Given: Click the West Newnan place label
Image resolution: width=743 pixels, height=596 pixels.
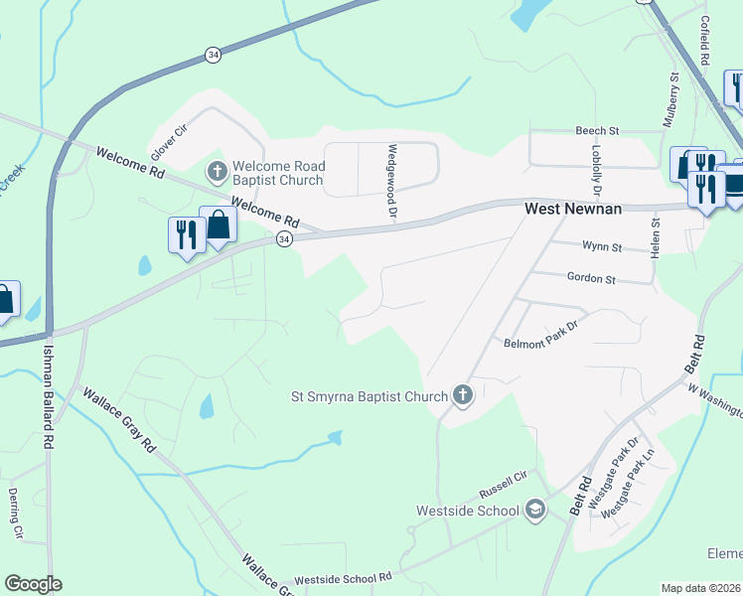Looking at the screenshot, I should [x=572, y=210].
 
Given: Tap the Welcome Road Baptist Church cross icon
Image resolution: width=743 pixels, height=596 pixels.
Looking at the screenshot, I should [x=217, y=172].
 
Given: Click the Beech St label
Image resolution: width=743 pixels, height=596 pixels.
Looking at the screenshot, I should [x=598, y=131].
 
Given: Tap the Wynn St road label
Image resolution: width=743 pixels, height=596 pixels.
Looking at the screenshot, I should [x=602, y=246].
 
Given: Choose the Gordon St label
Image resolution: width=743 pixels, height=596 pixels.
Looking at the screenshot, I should [x=592, y=279].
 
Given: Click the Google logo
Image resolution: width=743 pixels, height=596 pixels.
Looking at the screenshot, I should [x=33, y=584].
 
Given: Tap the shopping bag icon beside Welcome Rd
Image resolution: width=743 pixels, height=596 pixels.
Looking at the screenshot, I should [x=218, y=225].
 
